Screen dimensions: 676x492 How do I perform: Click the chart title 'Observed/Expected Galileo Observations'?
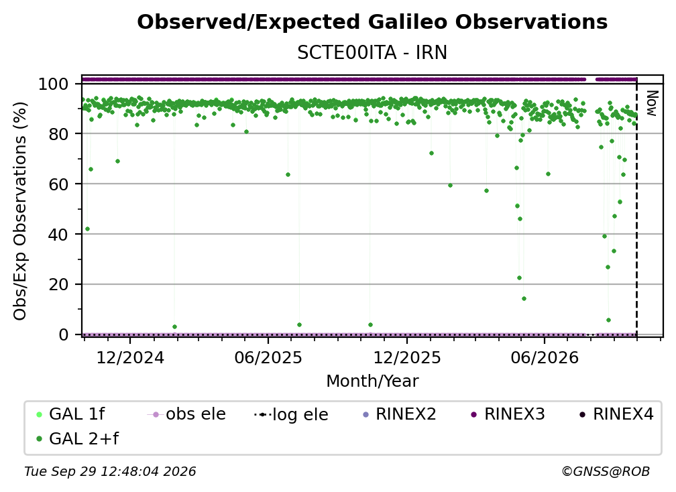[x=372, y=22]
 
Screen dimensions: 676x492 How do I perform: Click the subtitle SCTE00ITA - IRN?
[x=372, y=52]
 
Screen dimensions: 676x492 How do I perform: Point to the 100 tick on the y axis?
[x=54, y=84]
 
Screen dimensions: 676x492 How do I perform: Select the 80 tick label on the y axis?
[x=58, y=134]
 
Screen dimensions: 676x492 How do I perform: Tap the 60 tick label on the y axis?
[x=58, y=184]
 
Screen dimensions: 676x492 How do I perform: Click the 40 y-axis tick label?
[x=58, y=235]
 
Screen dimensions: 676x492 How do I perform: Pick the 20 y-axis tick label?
[x=58, y=284]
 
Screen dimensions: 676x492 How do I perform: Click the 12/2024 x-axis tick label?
[x=130, y=357]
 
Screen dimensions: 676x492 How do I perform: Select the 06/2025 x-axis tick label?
[x=268, y=357]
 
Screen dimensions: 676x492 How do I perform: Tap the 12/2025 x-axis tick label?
[x=407, y=357]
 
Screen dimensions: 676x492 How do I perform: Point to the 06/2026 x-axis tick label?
[x=545, y=357]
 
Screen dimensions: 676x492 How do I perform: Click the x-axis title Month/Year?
[x=372, y=381]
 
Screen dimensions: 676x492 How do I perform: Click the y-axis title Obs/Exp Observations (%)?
[x=20, y=211]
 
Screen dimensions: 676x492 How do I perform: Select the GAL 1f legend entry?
[x=71, y=414]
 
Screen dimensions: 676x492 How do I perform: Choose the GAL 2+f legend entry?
[x=78, y=438]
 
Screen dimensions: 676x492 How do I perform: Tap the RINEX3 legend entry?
[x=508, y=414]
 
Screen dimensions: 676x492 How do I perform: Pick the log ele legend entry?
[x=292, y=414]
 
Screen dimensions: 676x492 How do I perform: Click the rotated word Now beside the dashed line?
[x=651, y=103]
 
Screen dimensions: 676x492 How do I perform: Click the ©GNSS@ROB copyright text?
[x=606, y=471]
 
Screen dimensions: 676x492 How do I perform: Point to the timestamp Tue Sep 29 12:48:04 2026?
[x=110, y=471]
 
